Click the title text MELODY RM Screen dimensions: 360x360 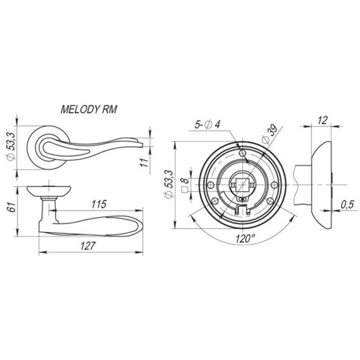89,109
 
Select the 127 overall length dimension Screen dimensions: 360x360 87,246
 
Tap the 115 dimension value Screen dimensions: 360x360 99,204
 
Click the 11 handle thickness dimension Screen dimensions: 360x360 144,162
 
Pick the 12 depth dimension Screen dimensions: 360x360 323,121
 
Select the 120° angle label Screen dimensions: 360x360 245,239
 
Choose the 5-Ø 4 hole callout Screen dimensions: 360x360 207,125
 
